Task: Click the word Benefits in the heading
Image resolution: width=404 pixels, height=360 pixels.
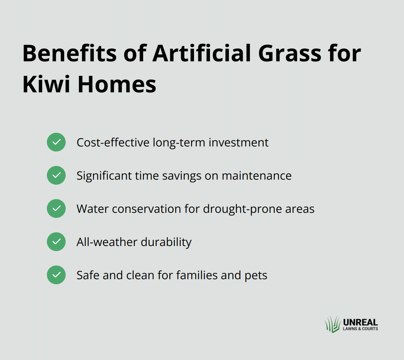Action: point(70,53)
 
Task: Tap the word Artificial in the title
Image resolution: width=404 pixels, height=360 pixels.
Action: point(202,53)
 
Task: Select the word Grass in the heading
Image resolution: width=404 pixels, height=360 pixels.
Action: point(290,53)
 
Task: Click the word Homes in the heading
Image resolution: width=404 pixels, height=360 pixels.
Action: point(117,84)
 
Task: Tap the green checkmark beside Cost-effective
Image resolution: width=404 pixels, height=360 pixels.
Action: point(56,142)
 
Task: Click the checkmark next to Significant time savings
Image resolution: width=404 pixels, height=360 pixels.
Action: point(56,175)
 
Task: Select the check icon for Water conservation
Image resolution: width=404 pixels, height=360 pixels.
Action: point(56,208)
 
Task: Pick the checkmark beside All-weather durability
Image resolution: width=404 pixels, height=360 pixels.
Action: point(56,242)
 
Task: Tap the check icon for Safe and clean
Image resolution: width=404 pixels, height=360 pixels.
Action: point(56,275)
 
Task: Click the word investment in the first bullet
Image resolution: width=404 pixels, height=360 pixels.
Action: point(238,142)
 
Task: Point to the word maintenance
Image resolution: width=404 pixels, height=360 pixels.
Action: point(256,176)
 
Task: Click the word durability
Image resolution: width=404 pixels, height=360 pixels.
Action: point(166,242)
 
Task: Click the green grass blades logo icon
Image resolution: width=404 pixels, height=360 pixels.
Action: point(333,324)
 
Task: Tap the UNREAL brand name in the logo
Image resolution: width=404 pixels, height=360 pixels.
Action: point(360,322)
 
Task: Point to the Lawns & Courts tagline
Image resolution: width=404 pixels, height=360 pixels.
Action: point(360,329)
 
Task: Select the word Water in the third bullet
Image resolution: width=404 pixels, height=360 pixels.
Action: point(93,209)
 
